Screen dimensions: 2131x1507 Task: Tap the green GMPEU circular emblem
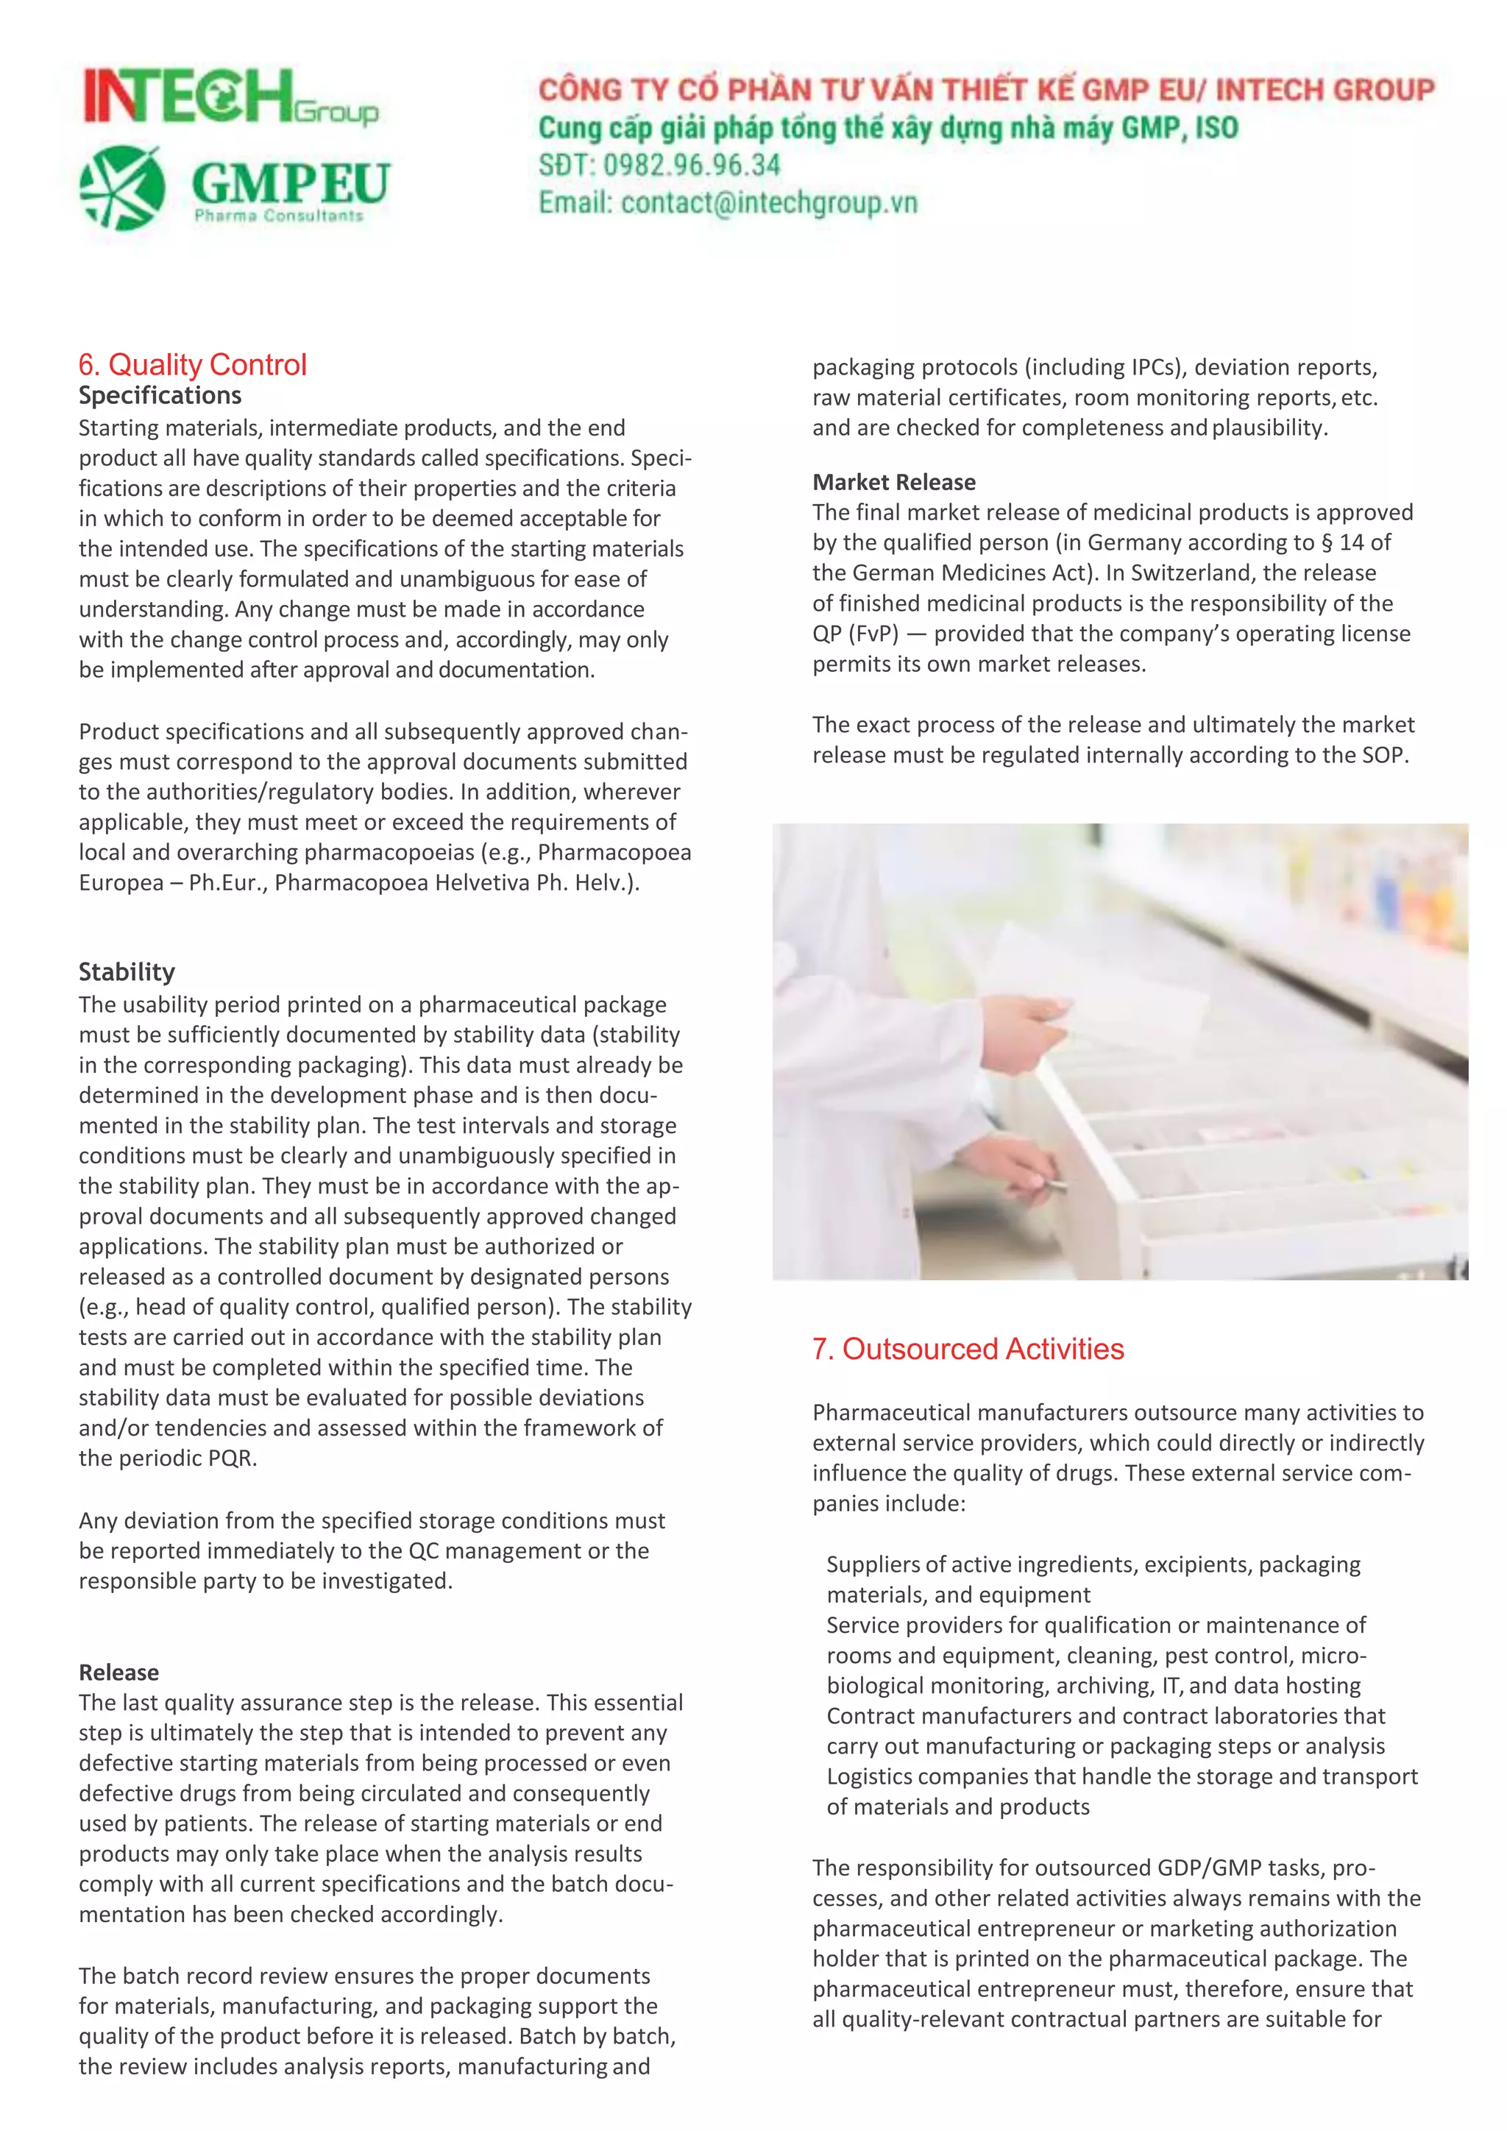121,188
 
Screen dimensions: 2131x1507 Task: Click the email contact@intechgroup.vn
768,202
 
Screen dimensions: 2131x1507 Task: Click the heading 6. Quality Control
192,365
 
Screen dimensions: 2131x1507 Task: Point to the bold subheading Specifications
160,395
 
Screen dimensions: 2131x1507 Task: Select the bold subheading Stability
127,972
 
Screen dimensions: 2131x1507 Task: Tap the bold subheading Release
118,1673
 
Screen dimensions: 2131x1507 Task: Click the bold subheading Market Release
893,482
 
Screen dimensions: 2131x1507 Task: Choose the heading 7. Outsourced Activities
967,1349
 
